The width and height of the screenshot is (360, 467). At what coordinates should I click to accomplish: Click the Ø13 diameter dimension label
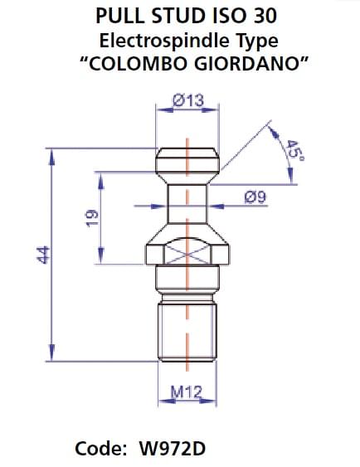pos(187,100)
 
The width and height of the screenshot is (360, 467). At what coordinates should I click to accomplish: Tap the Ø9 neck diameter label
pos(255,197)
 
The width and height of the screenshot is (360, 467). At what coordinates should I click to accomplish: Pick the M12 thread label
pos(187,390)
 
